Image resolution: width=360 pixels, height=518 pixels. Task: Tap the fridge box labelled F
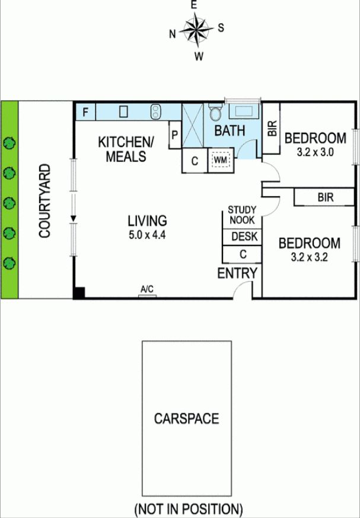pyautogui.click(x=85, y=113)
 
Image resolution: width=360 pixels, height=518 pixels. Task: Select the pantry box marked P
pyautogui.click(x=175, y=135)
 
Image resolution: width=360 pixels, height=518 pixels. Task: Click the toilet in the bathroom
pyautogui.click(x=216, y=113)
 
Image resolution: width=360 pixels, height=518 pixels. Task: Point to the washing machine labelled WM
pyautogui.click(x=221, y=160)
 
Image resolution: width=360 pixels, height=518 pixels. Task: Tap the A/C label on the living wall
pyautogui.click(x=147, y=290)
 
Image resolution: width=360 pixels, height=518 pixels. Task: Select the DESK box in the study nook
pyautogui.click(x=244, y=236)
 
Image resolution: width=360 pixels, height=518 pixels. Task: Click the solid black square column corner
pyautogui.click(x=79, y=293)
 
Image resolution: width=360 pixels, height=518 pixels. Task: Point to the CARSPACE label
pyautogui.click(x=186, y=418)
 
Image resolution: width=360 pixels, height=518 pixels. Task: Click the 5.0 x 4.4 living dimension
pyautogui.click(x=147, y=235)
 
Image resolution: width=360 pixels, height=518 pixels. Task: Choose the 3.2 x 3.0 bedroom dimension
pyautogui.click(x=316, y=152)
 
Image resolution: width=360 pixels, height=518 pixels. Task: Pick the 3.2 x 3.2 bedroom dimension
pyautogui.click(x=310, y=257)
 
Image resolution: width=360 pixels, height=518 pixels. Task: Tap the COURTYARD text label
pyautogui.click(x=45, y=201)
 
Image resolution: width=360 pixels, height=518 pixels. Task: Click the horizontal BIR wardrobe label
pyautogui.click(x=325, y=197)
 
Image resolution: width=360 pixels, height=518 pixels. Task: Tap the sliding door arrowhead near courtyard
pyautogui.click(x=74, y=218)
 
